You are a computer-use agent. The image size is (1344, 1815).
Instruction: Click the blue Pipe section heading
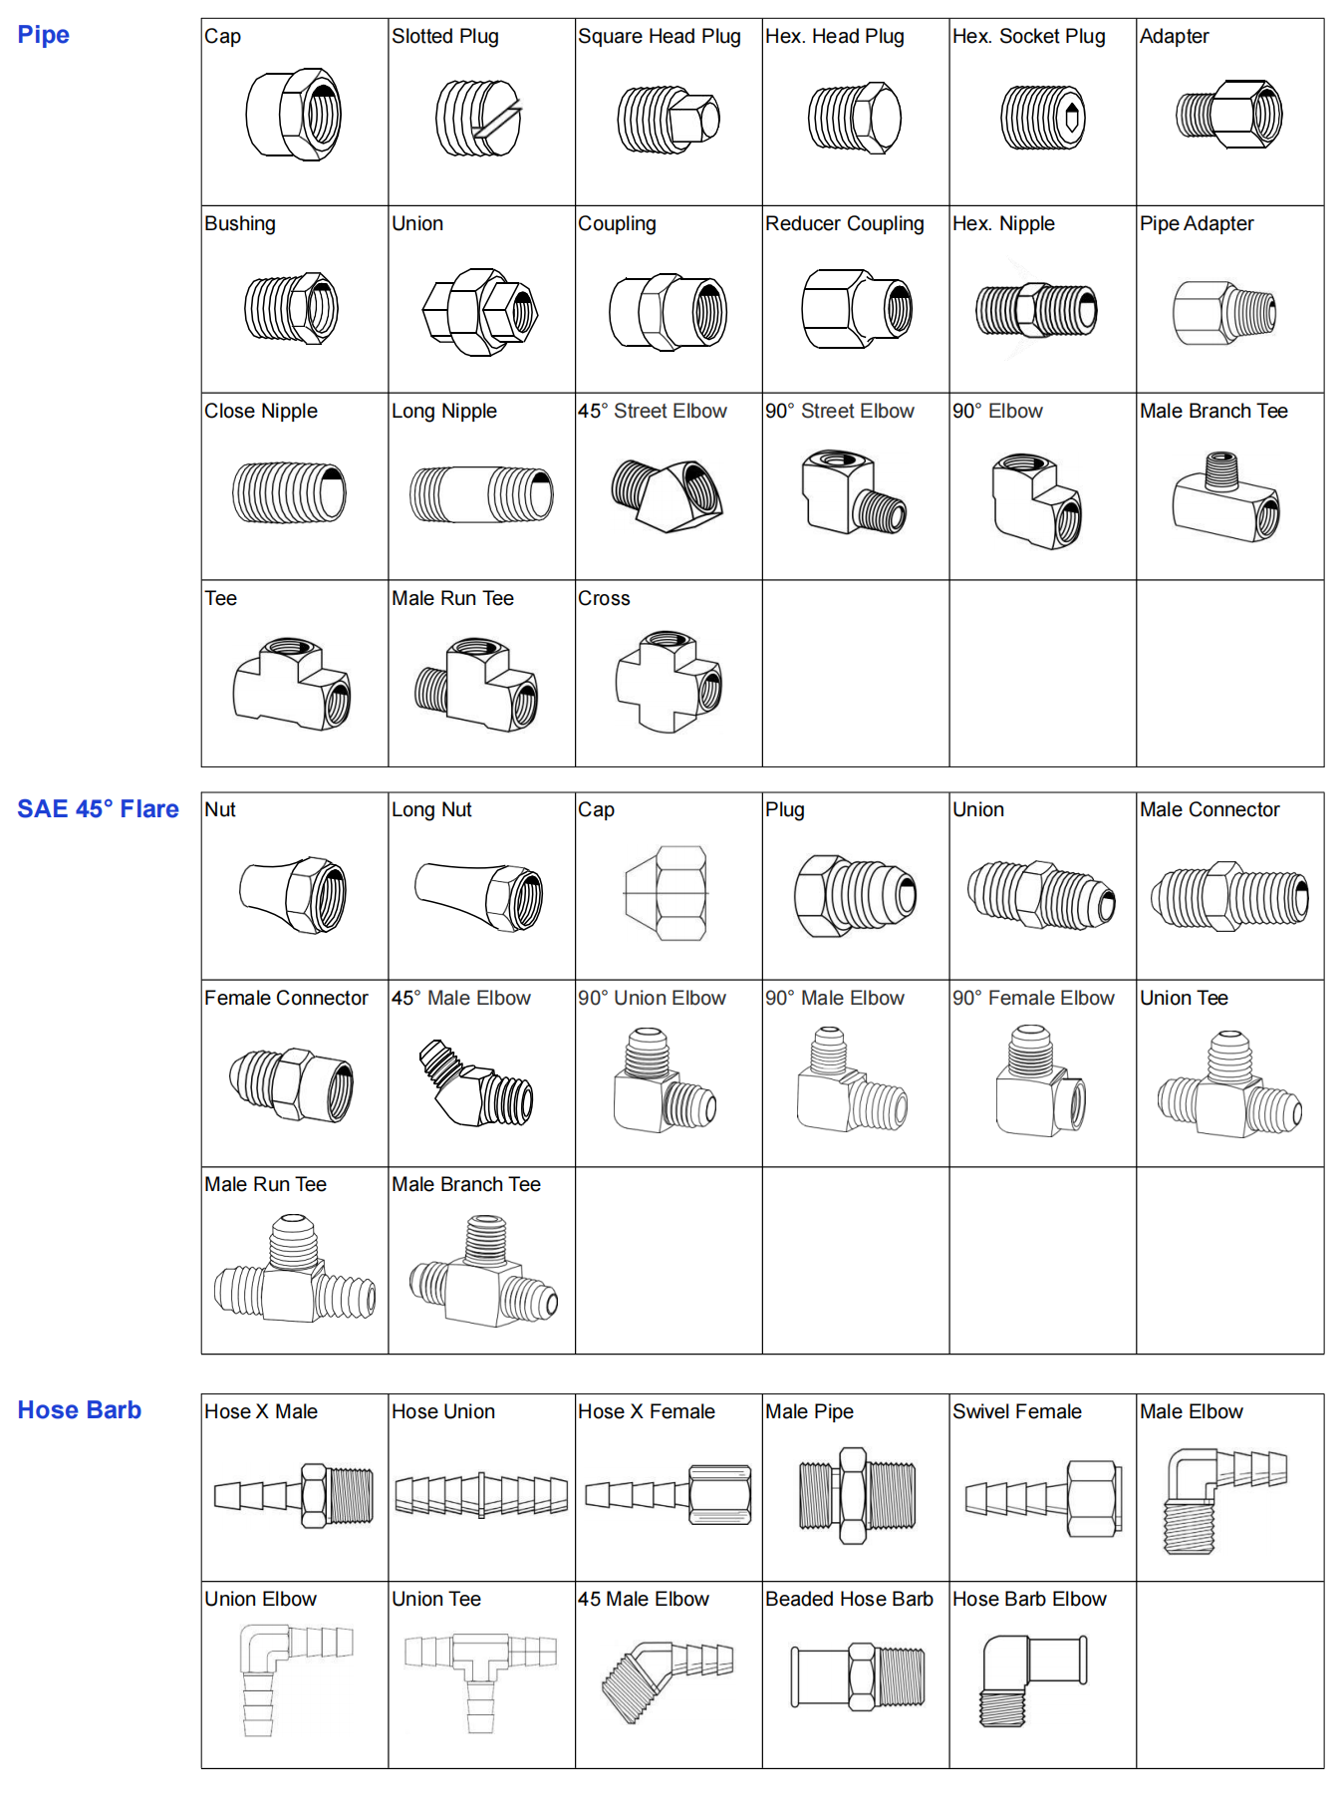[x=44, y=35]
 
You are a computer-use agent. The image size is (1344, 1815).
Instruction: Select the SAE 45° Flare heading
[x=98, y=808]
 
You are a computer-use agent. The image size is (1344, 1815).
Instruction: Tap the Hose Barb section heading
[x=80, y=1409]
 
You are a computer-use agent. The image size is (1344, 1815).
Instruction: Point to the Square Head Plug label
[x=659, y=37]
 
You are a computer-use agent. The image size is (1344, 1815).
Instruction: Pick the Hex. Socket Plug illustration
[x=1042, y=118]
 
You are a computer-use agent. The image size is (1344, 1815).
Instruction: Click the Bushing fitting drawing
[x=292, y=308]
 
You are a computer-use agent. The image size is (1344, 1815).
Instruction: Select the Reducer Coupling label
[x=844, y=223]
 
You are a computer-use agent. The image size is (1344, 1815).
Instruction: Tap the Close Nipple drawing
[x=289, y=492]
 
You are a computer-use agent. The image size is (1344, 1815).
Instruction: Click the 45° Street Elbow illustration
[x=667, y=494]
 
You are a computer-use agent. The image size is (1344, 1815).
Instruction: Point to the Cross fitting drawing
[x=668, y=682]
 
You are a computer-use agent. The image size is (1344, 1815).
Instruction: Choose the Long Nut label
[x=431, y=809]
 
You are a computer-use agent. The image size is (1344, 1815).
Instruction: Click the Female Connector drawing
[x=292, y=1084]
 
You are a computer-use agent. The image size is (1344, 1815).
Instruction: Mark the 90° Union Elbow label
[x=652, y=998]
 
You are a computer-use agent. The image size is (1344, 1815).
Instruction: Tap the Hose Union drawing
[x=481, y=1494]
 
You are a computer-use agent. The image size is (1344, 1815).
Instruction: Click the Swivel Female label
[x=1016, y=1411]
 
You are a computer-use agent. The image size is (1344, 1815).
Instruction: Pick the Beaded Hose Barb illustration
[x=858, y=1676]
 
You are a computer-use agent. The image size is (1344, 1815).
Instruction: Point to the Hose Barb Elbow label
[x=1029, y=1599]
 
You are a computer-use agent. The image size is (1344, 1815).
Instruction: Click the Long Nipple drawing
[x=481, y=494]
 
